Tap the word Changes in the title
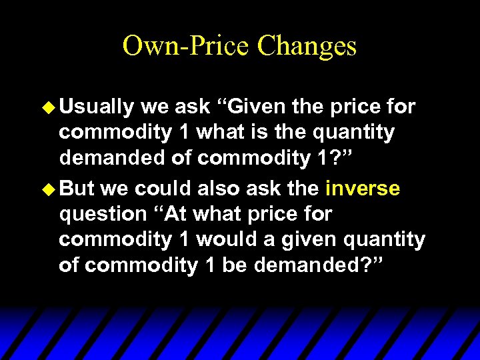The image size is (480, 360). point(307,46)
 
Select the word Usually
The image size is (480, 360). point(99,107)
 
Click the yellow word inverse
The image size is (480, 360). point(363,189)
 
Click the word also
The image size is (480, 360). point(213,189)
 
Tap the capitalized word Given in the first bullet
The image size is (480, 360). point(253,107)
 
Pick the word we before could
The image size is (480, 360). point(115,189)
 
